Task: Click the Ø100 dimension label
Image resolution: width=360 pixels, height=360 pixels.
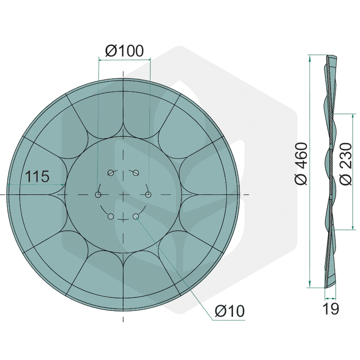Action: (125, 51)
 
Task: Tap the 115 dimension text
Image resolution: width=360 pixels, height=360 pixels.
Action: (37, 176)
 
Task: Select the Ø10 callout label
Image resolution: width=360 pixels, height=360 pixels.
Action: (230, 311)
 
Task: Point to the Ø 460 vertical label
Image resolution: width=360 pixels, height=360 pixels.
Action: (301, 163)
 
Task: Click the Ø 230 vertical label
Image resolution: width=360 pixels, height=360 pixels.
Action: (346, 164)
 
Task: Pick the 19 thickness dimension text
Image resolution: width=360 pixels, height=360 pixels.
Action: (331, 309)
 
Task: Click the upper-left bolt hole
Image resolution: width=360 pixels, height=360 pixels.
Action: (111, 173)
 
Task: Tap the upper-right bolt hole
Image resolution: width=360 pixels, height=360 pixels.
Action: (136, 173)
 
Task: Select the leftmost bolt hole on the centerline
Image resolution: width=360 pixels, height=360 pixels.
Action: (98, 195)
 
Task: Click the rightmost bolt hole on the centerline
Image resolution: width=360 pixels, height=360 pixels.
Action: (148, 195)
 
